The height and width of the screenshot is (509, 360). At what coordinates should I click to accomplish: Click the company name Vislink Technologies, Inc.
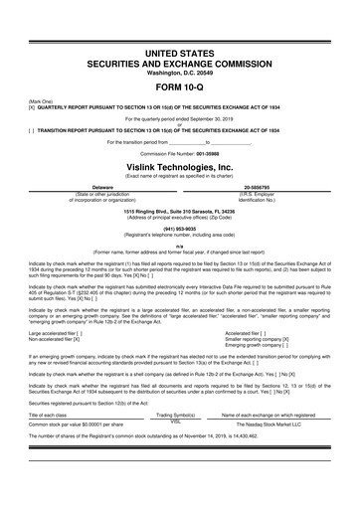[x=179, y=168]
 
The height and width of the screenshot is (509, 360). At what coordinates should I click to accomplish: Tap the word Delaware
[x=101, y=186]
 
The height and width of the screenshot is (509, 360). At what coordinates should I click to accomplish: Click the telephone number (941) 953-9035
[x=179, y=228]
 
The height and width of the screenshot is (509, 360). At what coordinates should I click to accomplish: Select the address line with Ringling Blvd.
[x=179, y=211]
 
